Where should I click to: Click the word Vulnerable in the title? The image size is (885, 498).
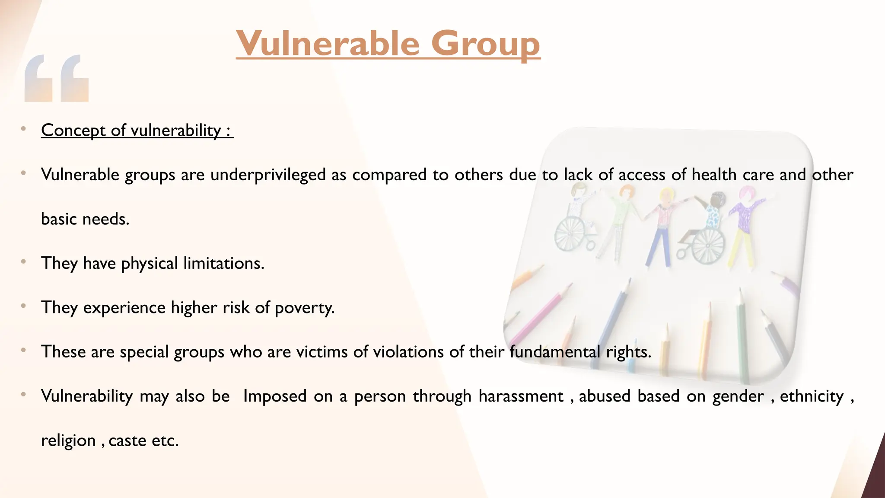(x=328, y=43)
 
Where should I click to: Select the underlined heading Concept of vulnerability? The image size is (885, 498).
(x=137, y=130)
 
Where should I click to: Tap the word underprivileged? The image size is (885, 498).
(x=268, y=175)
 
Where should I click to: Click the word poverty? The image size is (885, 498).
(x=305, y=308)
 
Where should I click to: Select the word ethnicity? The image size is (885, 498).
(x=812, y=396)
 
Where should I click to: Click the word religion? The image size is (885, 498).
(x=68, y=441)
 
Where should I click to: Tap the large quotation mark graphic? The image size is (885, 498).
(x=57, y=78)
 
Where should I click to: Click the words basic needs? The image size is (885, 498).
(x=85, y=219)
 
